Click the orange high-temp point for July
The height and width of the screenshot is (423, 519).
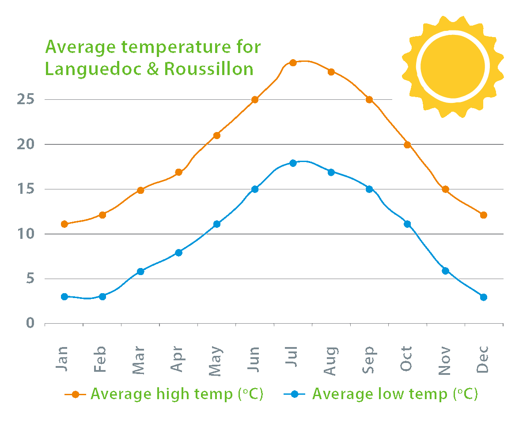(x=292, y=62)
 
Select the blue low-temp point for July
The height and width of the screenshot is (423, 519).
(x=292, y=163)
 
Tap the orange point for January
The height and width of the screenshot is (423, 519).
(x=64, y=224)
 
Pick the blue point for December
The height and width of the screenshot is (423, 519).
(x=483, y=297)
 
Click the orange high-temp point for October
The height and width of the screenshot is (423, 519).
(x=407, y=144)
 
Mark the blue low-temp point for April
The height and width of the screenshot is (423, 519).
(x=178, y=253)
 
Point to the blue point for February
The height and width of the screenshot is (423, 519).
(x=102, y=296)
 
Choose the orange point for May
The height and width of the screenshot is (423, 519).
(x=216, y=135)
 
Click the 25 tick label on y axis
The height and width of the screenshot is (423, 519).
(x=26, y=99)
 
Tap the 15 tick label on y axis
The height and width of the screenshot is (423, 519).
(x=26, y=189)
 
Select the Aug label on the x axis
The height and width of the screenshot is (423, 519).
(x=331, y=360)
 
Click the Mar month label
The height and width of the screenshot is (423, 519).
(x=140, y=360)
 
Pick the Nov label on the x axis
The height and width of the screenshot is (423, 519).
(x=445, y=360)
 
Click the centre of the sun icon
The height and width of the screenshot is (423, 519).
(x=453, y=66)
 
